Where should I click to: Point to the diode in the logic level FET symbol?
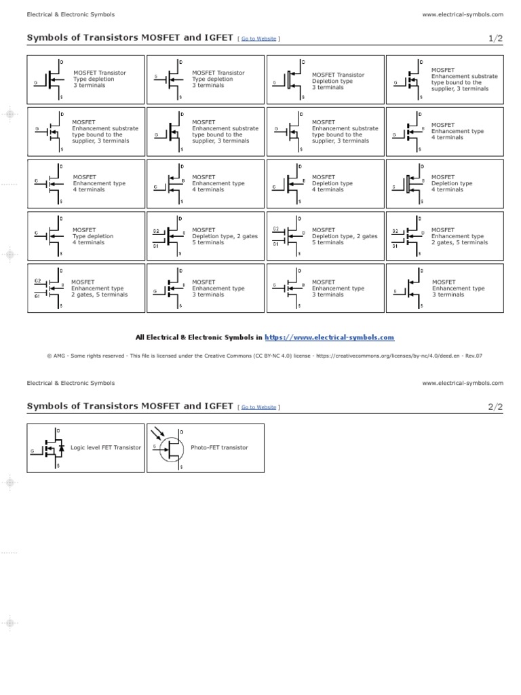tap(61, 448)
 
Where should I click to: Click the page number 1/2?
tap(496, 39)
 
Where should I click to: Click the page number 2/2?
tap(496, 407)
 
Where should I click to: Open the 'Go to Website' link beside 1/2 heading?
tap(258, 39)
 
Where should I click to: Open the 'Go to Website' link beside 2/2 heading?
tap(258, 407)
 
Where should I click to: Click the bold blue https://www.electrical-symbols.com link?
tap(329, 337)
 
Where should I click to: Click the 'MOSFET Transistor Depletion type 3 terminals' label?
tap(338, 81)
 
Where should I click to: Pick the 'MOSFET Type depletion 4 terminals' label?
tap(93, 236)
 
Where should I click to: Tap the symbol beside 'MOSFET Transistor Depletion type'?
tap(288, 81)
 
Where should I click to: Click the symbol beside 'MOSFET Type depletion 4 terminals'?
tap(50, 236)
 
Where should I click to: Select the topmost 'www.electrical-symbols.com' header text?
tap(463, 14)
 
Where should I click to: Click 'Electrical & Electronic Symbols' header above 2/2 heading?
tap(71, 383)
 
